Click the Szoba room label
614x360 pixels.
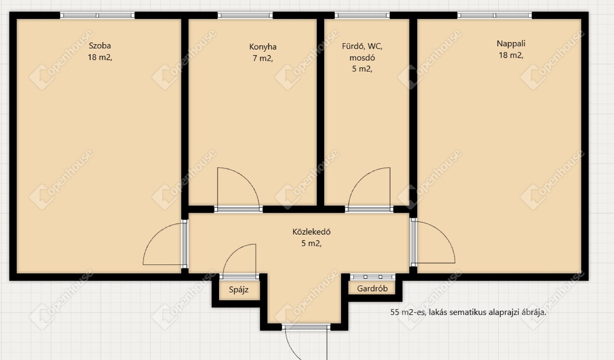[100, 45]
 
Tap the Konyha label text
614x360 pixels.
[262, 47]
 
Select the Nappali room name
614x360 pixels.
[511, 44]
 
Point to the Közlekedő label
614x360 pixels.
[311, 232]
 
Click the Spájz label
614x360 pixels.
[239, 289]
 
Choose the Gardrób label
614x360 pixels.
[372, 288]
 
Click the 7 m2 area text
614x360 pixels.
[262, 58]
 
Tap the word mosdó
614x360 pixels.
[362, 58]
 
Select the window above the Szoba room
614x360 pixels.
[97, 16]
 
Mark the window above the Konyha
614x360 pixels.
[245, 16]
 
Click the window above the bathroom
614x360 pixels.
[362, 16]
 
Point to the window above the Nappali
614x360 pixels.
[495, 16]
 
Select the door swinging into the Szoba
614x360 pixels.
[155, 235]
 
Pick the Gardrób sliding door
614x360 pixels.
[373, 277]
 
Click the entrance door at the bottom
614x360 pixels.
[306, 327]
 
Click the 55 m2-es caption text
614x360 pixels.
[468, 312]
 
